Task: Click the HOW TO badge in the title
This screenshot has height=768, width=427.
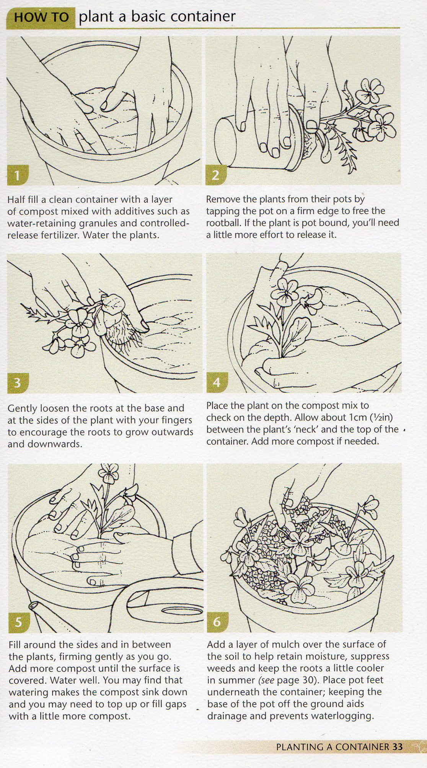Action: (x=41, y=17)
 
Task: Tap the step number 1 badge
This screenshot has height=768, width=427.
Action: (x=17, y=175)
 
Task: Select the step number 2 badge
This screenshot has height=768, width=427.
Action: (x=215, y=175)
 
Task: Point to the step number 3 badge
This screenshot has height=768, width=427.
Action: (x=17, y=382)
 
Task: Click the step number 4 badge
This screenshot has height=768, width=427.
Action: (x=217, y=382)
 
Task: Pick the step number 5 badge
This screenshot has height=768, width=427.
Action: (x=18, y=622)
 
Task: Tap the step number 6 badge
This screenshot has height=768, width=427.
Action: (x=217, y=621)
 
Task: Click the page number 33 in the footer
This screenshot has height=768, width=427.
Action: (x=398, y=747)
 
